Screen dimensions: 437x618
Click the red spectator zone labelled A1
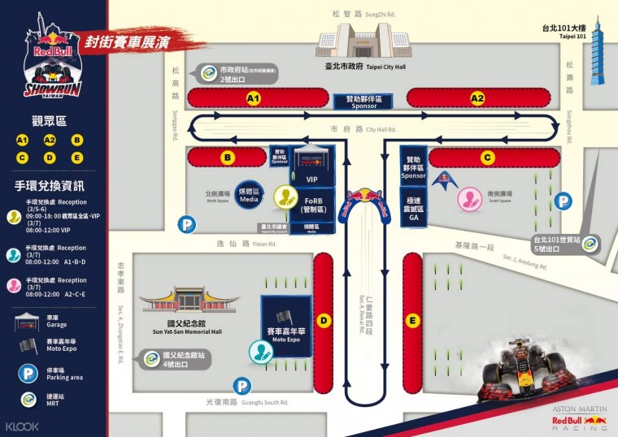coord(253,98)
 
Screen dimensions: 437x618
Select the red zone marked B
coord(228,158)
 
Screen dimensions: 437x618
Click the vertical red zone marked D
coord(323,321)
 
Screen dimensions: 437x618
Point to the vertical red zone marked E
coord(413,321)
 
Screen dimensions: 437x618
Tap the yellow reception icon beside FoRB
coord(285,197)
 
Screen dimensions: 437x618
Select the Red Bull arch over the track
coord(368,206)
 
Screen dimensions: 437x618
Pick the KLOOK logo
coord(22,426)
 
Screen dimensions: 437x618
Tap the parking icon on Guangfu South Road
coord(241,387)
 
